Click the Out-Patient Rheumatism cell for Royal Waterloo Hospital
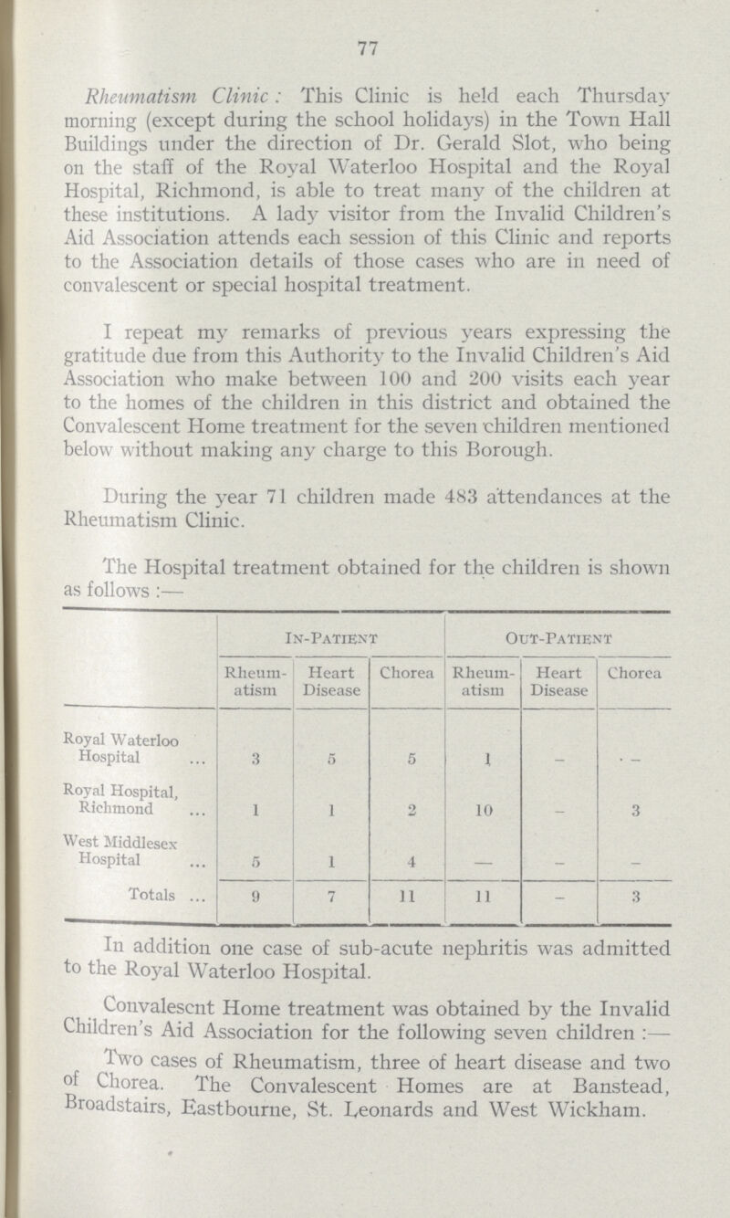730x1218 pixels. (x=480, y=733)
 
